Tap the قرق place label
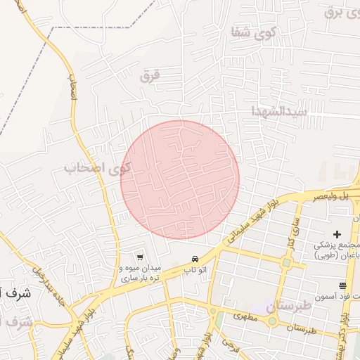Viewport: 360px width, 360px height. point(150,76)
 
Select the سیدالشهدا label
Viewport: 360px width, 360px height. point(280,111)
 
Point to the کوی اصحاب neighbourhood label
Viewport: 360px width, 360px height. point(98,168)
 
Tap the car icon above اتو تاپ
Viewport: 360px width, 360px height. point(195,259)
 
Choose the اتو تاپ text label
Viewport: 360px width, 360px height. point(195,270)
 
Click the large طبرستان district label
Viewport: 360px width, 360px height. point(289,306)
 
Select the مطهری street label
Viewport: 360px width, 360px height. point(247,318)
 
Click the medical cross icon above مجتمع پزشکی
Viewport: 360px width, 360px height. point(336,234)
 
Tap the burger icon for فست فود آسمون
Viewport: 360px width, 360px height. point(342,285)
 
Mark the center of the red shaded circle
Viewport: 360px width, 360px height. point(180,179)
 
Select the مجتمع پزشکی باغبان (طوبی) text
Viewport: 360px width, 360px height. point(336,251)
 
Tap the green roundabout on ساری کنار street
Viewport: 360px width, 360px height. point(286,263)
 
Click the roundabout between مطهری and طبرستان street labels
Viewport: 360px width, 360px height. point(271,321)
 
